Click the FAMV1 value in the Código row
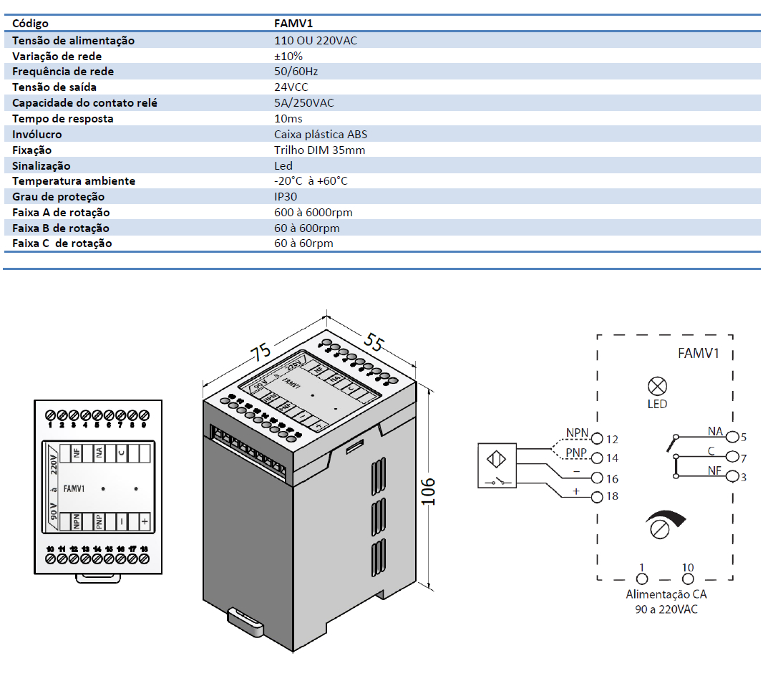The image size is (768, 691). coord(293,24)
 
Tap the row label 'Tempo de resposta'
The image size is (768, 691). coord(63,118)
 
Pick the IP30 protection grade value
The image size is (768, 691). coord(286,196)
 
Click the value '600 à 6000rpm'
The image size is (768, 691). coord(313,212)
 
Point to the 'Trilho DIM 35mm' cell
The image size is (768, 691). coord(319,150)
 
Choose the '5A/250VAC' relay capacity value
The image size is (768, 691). coord(304,102)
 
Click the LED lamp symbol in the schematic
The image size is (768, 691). coord(656,387)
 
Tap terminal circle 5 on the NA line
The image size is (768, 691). coord(733,436)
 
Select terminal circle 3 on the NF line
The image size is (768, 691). coord(733,475)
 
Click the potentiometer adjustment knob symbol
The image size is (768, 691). coord(658,528)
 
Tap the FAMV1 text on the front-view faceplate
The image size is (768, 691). coord(74,489)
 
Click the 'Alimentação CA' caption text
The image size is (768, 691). coord(666,594)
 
